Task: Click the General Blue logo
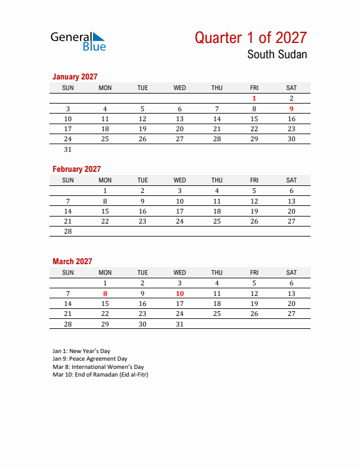click(x=78, y=41)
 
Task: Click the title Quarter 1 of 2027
click(x=251, y=38)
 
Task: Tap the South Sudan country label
click(x=276, y=55)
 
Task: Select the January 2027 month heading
click(x=75, y=76)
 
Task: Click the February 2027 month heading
click(x=76, y=169)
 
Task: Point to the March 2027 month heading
click(x=72, y=261)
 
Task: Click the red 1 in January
click(x=254, y=98)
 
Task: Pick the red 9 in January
click(x=291, y=109)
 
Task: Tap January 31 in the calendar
click(x=68, y=149)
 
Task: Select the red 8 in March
click(x=105, y=294)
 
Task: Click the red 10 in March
click(x=179, y=294)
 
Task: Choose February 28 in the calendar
click(x=68, y=232)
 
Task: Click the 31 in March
click(x=179, y=324)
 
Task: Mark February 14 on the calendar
click(x=68, y=211)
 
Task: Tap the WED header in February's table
click(x=179, y=180)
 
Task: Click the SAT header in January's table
click(x=291, y=88)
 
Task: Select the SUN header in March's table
click(x=68, y=272)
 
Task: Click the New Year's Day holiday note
click(x=81, y=351)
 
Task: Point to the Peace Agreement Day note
click(x=89, y=359)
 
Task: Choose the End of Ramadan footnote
click(x=100, y=374)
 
